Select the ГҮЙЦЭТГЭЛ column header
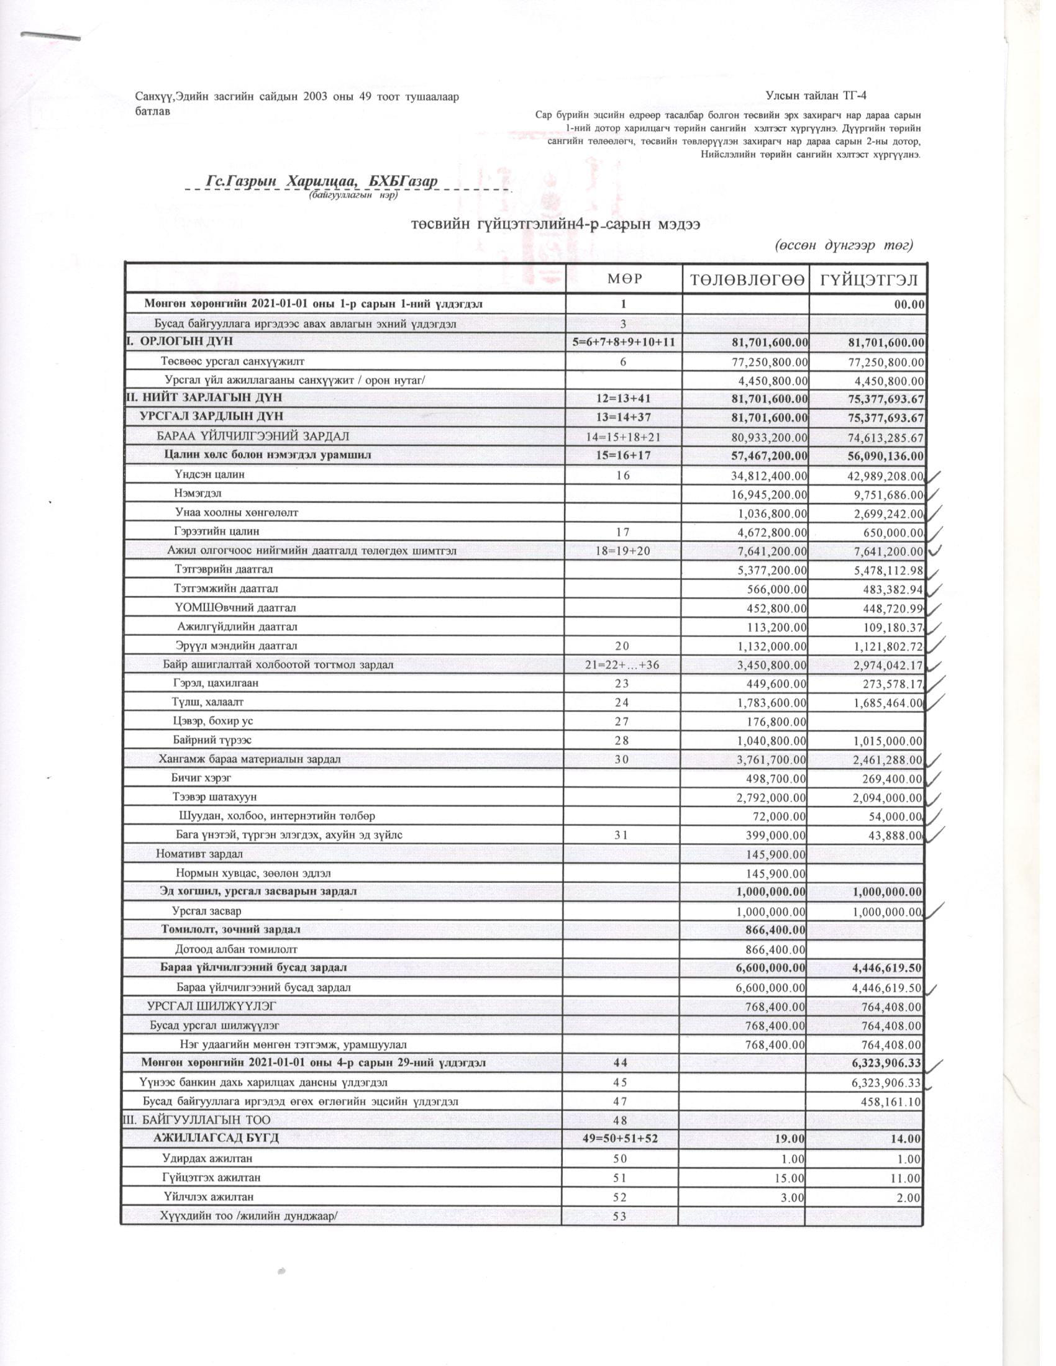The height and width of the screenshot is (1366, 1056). tap(867, 279)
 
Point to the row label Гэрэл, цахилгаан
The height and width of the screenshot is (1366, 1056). tap(216, 683)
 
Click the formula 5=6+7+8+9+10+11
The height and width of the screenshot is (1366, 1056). tap(624, 342)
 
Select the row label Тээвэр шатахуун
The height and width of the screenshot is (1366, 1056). tap(214, 797)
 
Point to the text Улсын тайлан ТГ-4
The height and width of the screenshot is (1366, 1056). tap(816, 96)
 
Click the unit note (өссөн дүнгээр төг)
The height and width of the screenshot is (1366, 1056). tap(845, 245)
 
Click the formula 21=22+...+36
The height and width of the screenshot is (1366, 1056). tap(624, 664)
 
